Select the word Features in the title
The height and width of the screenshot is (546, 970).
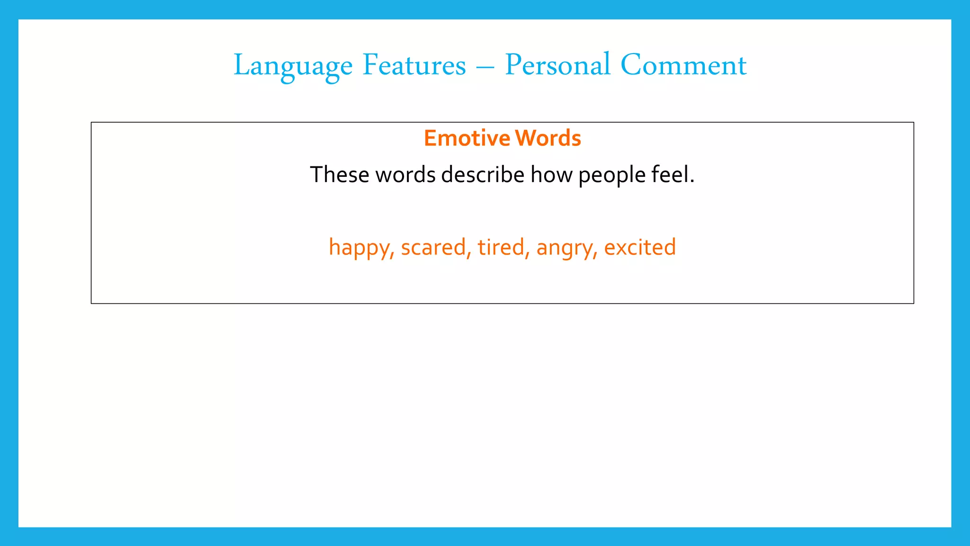tap(414, 65)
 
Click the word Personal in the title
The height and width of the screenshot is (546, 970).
tap(557, 65)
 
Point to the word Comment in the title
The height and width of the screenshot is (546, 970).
tap(683, 65)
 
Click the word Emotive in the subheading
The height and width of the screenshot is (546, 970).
tap(467, 138)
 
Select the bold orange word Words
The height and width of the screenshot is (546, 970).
tap(548, 138)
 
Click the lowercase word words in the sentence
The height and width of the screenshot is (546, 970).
tap(405, 174)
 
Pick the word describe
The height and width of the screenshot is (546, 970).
tap(483, 174)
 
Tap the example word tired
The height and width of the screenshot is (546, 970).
tap(501, 247)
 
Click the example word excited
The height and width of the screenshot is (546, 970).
tap(640, 247)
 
